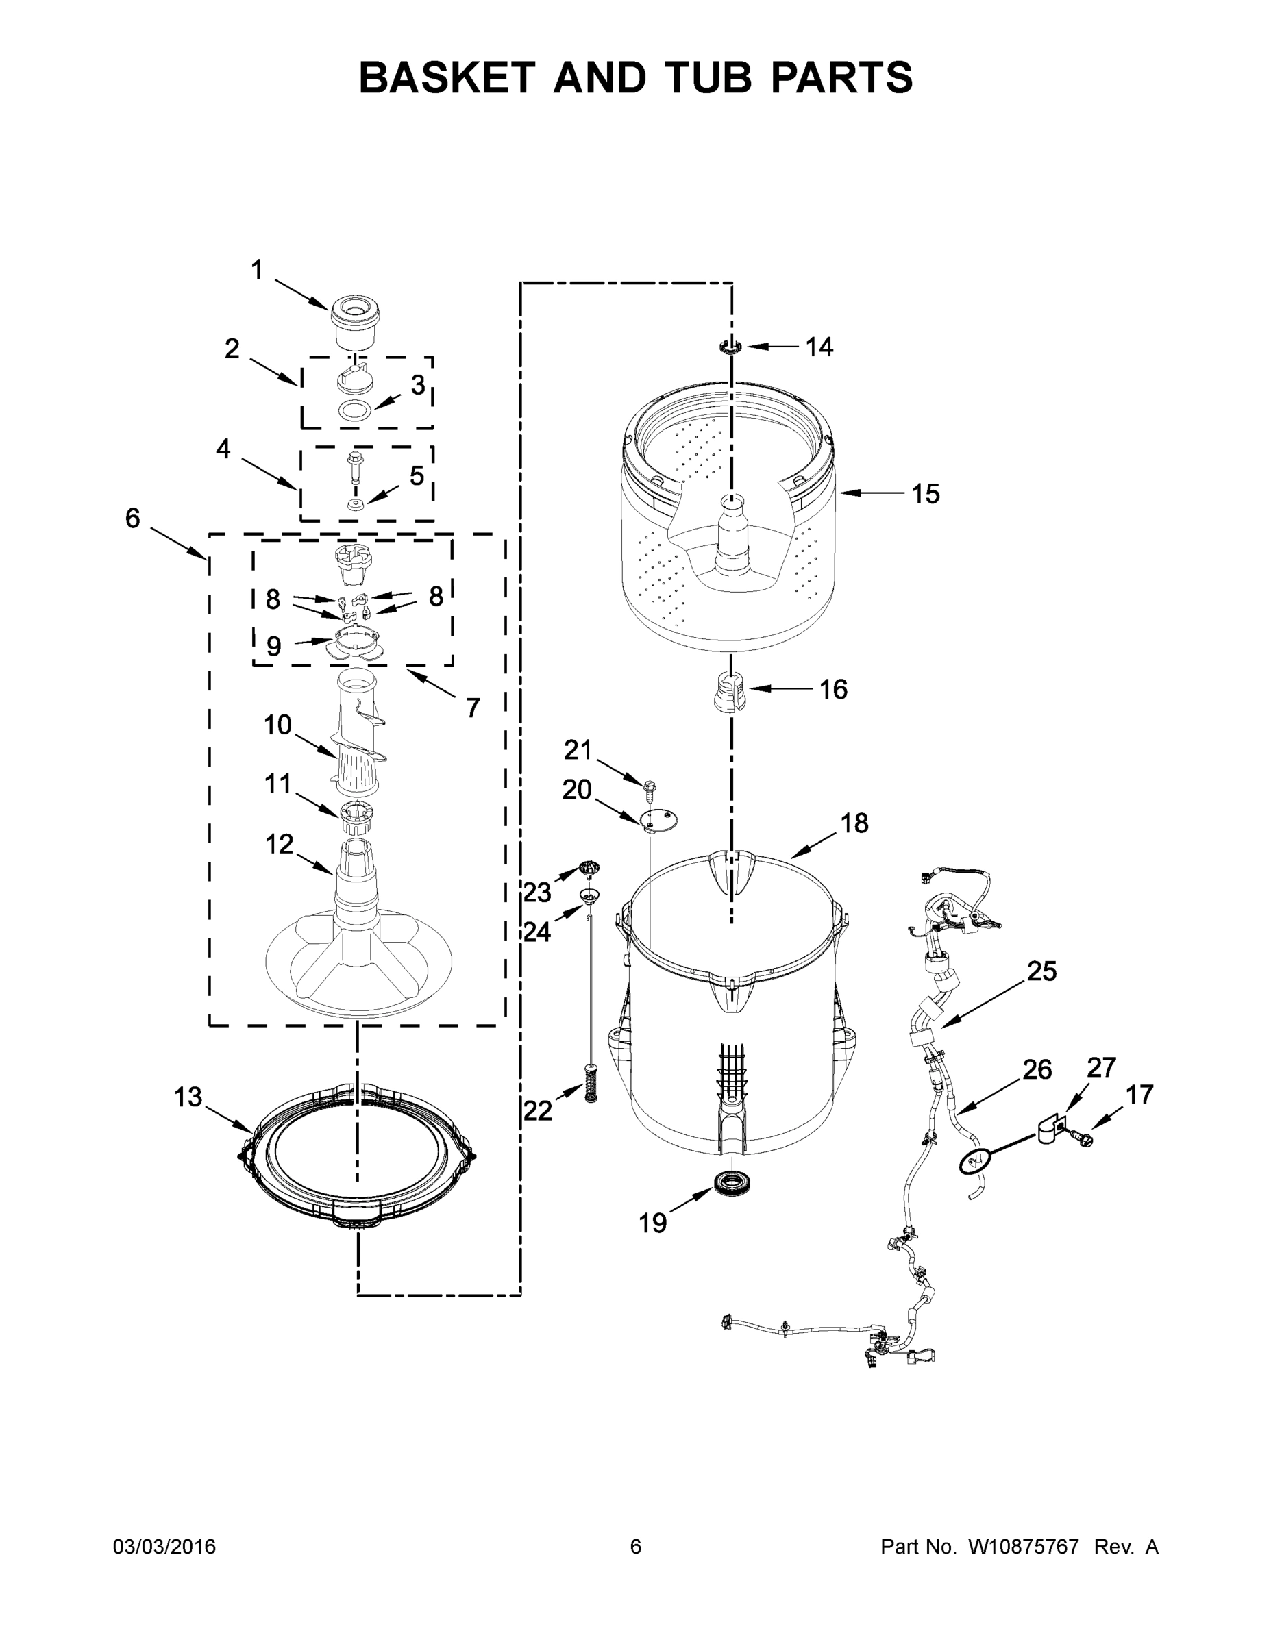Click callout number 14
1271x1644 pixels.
pos(819,347)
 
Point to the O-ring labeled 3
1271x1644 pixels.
pos(354,411)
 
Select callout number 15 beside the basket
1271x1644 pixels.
pos(926,494)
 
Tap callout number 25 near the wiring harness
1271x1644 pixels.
pos(1041,972)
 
